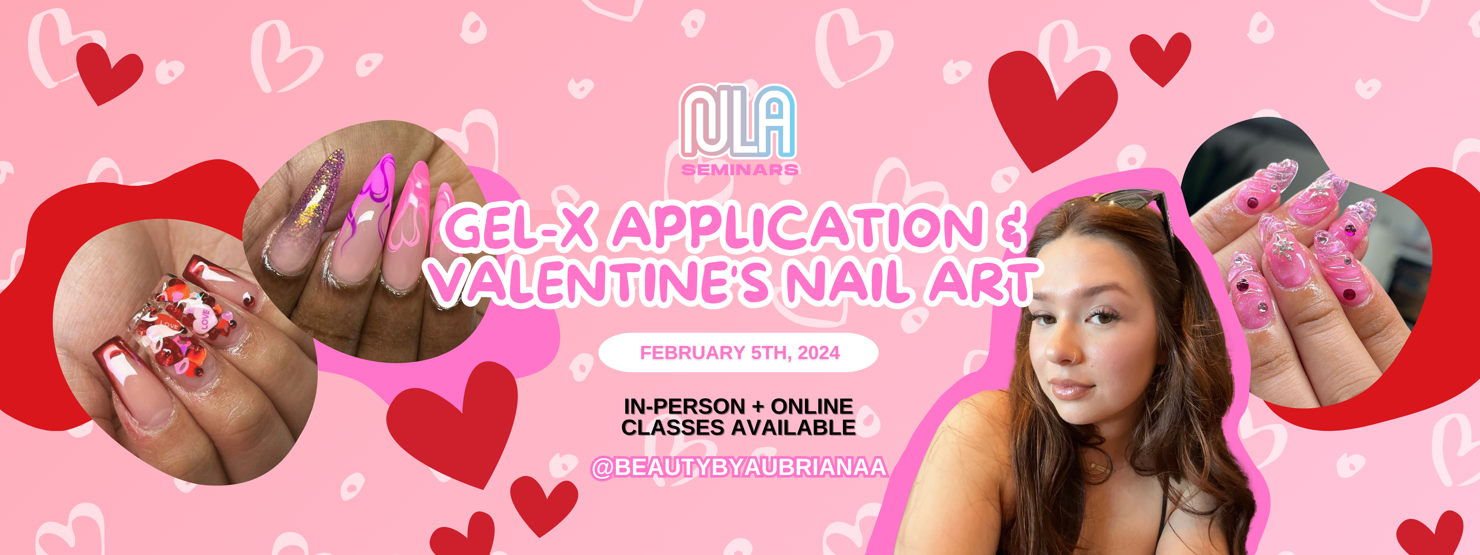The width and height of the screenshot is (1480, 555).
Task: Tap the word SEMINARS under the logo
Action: point(739,169)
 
